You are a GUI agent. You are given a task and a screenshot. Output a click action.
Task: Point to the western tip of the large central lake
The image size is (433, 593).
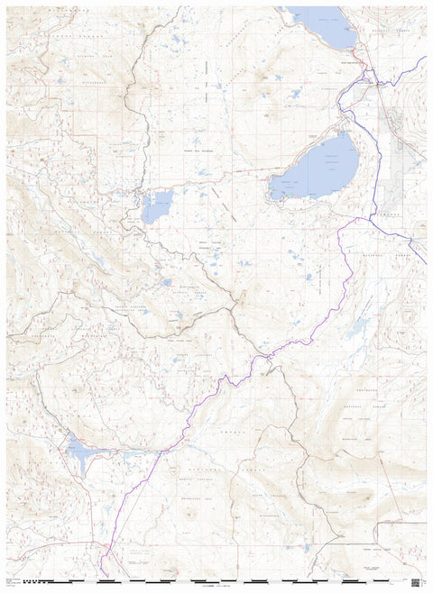(x=271, y=190)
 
